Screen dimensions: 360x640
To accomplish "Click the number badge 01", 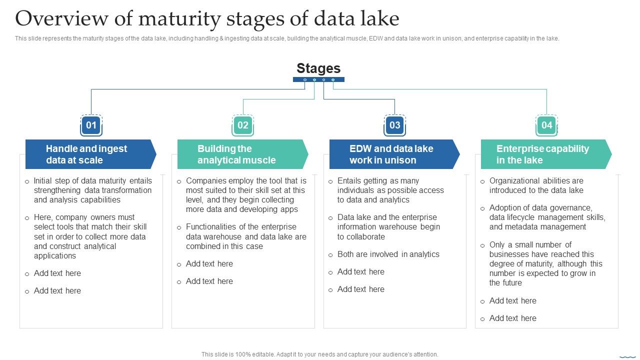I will click(x=91, y=125).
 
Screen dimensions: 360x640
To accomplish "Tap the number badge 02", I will click(x=243, y=125).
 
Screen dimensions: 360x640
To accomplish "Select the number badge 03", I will click(x=395, y=125).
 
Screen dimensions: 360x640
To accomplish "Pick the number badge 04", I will click(x=546, y=125).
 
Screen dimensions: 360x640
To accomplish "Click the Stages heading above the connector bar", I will click(x=318, y=68).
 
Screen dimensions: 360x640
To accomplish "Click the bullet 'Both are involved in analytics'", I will click(x=388, y=254).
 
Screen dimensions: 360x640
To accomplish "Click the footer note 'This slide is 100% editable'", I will click(x=319, y=354).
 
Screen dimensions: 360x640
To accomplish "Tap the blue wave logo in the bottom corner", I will click(x=627, y=356).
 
